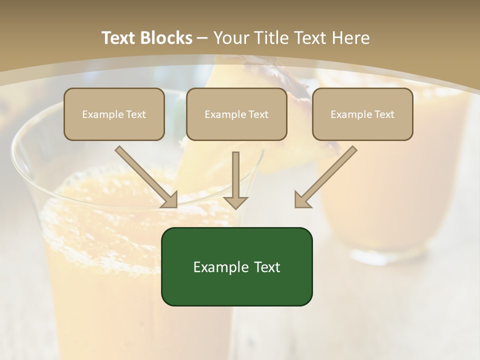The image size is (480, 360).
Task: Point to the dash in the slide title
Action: point(202,38)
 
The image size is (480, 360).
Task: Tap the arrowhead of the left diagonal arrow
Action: point(170,200)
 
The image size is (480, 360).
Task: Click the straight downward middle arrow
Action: point(235,180)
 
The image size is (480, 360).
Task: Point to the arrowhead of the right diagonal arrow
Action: point(302,200)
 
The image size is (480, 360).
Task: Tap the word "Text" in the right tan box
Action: point(384,114)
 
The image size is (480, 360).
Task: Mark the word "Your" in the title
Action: point(230,38)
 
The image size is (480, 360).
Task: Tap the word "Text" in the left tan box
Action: point(136,114)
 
